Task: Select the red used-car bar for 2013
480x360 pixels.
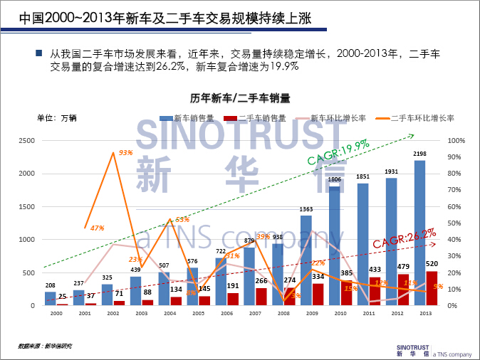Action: [x=432, y=288]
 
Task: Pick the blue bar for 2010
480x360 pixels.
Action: [x=334, y=245]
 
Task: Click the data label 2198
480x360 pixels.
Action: [x=419, y=154]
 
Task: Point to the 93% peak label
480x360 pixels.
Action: [x=126, y=152]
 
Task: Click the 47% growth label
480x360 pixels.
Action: [x=98, y=228]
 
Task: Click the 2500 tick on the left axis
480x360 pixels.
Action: [x=26, y=140]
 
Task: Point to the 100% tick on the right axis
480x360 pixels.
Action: [x=455, y=140]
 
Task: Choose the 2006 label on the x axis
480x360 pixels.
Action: [x=226, y=313]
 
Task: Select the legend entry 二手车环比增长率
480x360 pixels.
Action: [x=417, y=118]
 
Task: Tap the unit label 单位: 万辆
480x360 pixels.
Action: [x=57, y=118]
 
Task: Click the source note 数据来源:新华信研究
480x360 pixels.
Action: [x=46, y=346]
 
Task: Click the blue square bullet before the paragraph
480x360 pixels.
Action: [x=38, y=53]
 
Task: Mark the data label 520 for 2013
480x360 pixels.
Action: [x=432, y=263]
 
